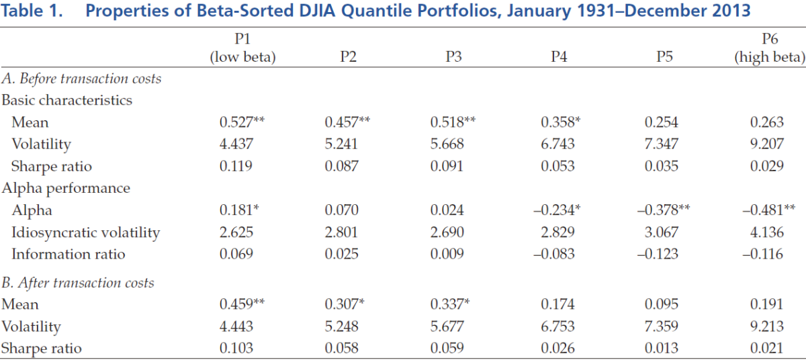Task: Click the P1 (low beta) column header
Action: (242, 48)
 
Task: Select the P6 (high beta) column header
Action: (769, 48)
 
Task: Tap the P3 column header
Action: (453, 57)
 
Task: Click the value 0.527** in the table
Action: (242, 122)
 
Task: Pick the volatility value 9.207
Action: (767, 144)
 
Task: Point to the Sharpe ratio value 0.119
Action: (236, 166)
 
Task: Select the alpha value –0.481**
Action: (769, 210)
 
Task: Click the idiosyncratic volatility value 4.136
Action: (767, 232)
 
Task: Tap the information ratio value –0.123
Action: (658, 254)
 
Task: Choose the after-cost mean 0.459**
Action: (242, 304)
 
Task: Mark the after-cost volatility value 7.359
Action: (662, 326)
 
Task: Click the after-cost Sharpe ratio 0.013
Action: (662, 348)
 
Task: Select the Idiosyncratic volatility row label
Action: (86, 232)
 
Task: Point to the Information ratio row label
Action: (69, 254)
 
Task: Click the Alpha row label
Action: (32, 210)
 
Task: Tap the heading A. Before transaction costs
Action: (81, 79)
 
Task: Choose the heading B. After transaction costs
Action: (78, 283)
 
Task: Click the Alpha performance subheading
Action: (66, 189)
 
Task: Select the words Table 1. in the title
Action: (32, 11)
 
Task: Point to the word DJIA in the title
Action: (317, 11)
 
